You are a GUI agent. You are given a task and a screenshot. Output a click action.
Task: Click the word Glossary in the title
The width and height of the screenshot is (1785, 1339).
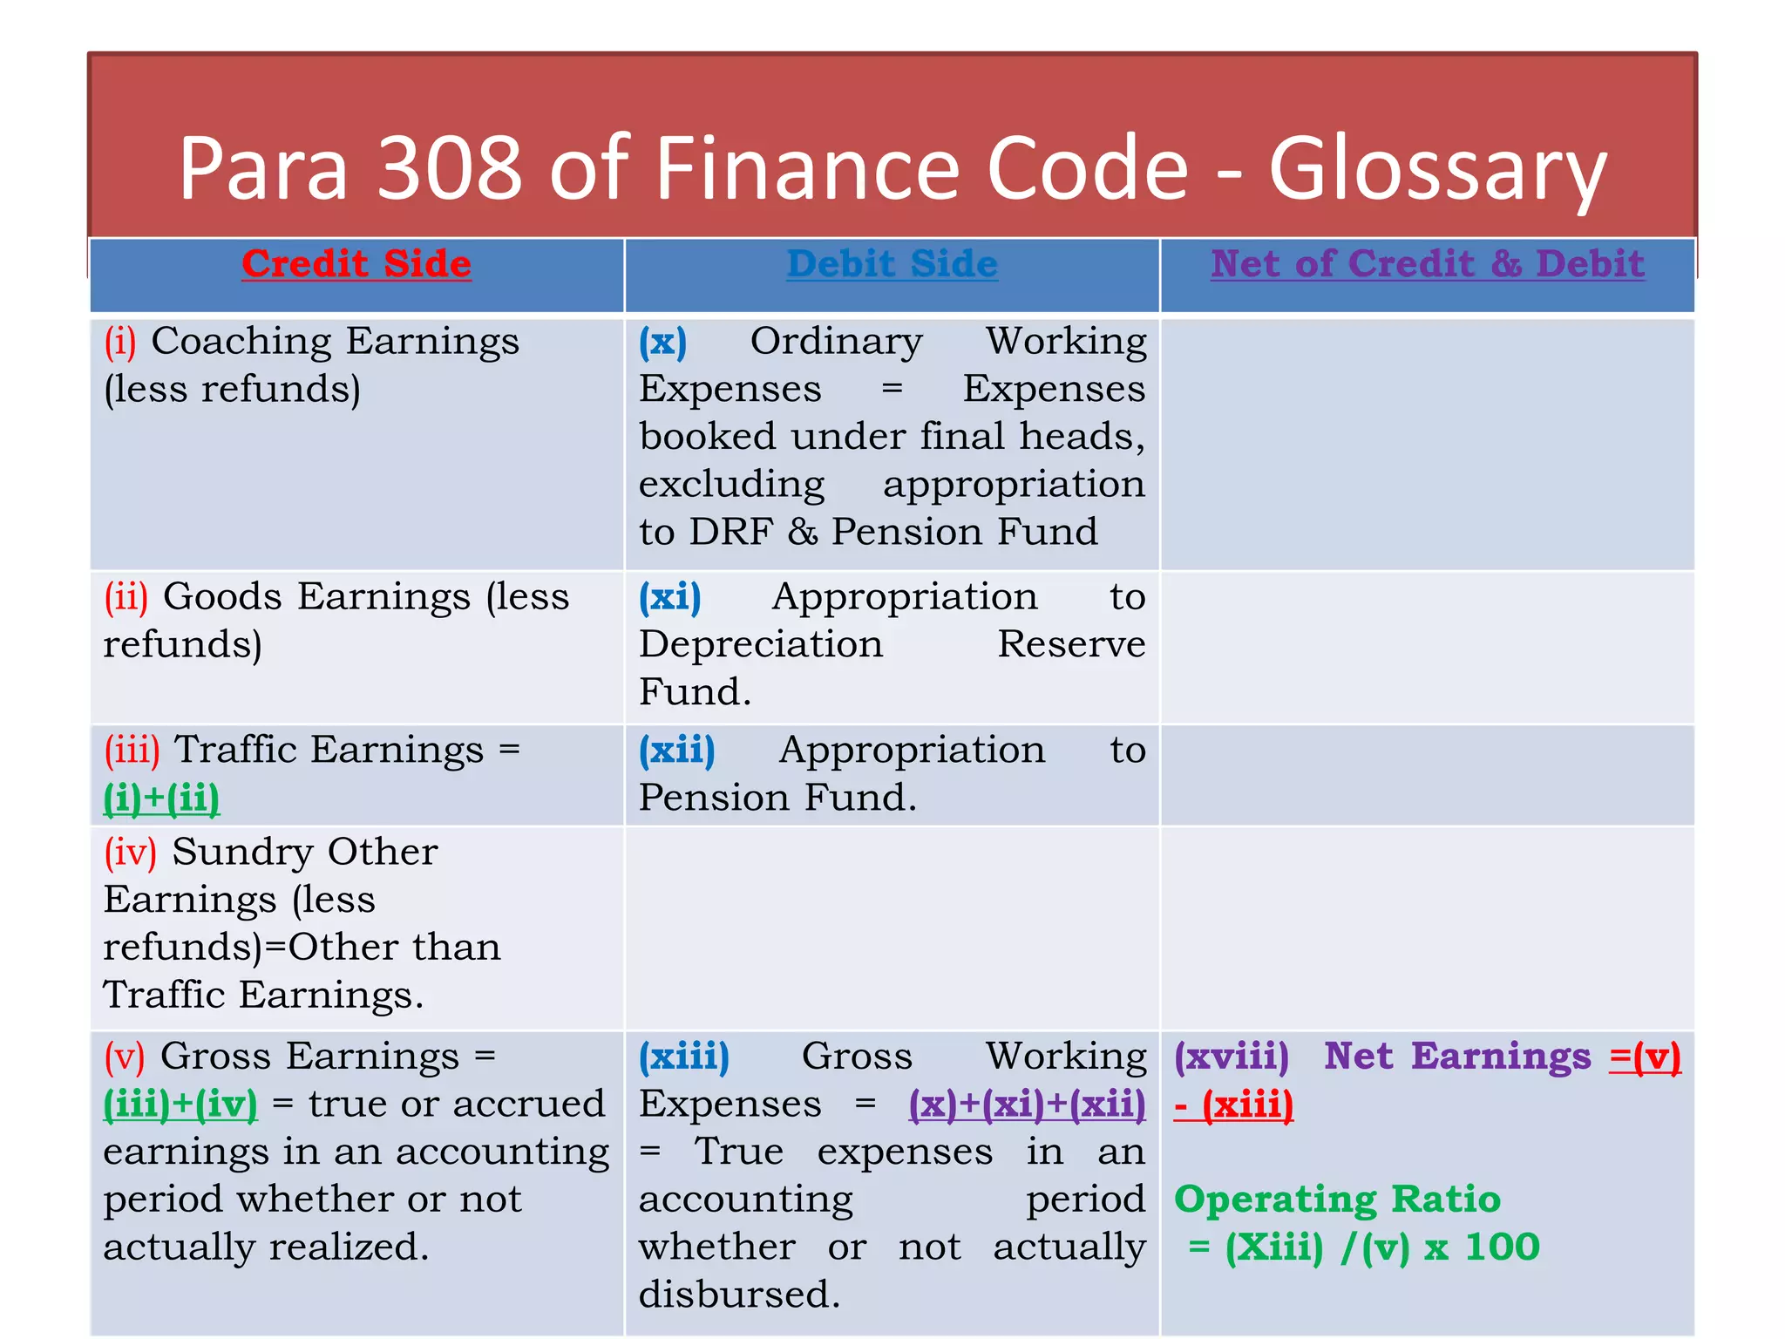point(1437,170)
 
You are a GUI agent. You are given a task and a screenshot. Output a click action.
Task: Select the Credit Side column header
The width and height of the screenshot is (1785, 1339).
point(356,263)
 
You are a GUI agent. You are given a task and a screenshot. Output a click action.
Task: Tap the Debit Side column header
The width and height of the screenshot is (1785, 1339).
point(892,263)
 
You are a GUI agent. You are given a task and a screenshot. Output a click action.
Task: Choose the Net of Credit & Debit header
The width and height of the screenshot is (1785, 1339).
point(1427,263)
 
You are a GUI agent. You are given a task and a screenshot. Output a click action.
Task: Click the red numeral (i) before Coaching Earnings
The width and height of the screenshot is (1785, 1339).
point(120,341)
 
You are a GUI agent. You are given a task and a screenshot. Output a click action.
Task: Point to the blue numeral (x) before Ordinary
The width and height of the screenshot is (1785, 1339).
point(662,341)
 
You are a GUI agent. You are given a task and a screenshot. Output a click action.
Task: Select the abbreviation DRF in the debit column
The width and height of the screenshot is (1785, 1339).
point(730,532)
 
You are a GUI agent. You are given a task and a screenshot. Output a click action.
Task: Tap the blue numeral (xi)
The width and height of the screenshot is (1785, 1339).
point(669,597)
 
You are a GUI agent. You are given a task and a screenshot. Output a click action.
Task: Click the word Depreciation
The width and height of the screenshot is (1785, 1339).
point(761,644)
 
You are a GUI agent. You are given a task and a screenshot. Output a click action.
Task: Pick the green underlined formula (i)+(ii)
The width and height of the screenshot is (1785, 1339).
point(162,799)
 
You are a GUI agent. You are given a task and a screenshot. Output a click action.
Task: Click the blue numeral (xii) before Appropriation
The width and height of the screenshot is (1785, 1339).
point(676,751)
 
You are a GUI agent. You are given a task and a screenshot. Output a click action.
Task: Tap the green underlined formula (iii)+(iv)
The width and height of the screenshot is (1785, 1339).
point(180,1105)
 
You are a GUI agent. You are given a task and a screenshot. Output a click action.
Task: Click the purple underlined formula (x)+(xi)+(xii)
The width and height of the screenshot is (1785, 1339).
point(1027,1105)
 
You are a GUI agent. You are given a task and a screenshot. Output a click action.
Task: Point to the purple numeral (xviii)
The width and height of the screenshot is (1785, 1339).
point(1231,1057)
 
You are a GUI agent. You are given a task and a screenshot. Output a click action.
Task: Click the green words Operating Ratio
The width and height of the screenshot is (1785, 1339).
point(1337,1200)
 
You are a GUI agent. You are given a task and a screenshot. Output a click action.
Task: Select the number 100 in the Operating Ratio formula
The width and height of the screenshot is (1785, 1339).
point(1502,1247)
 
